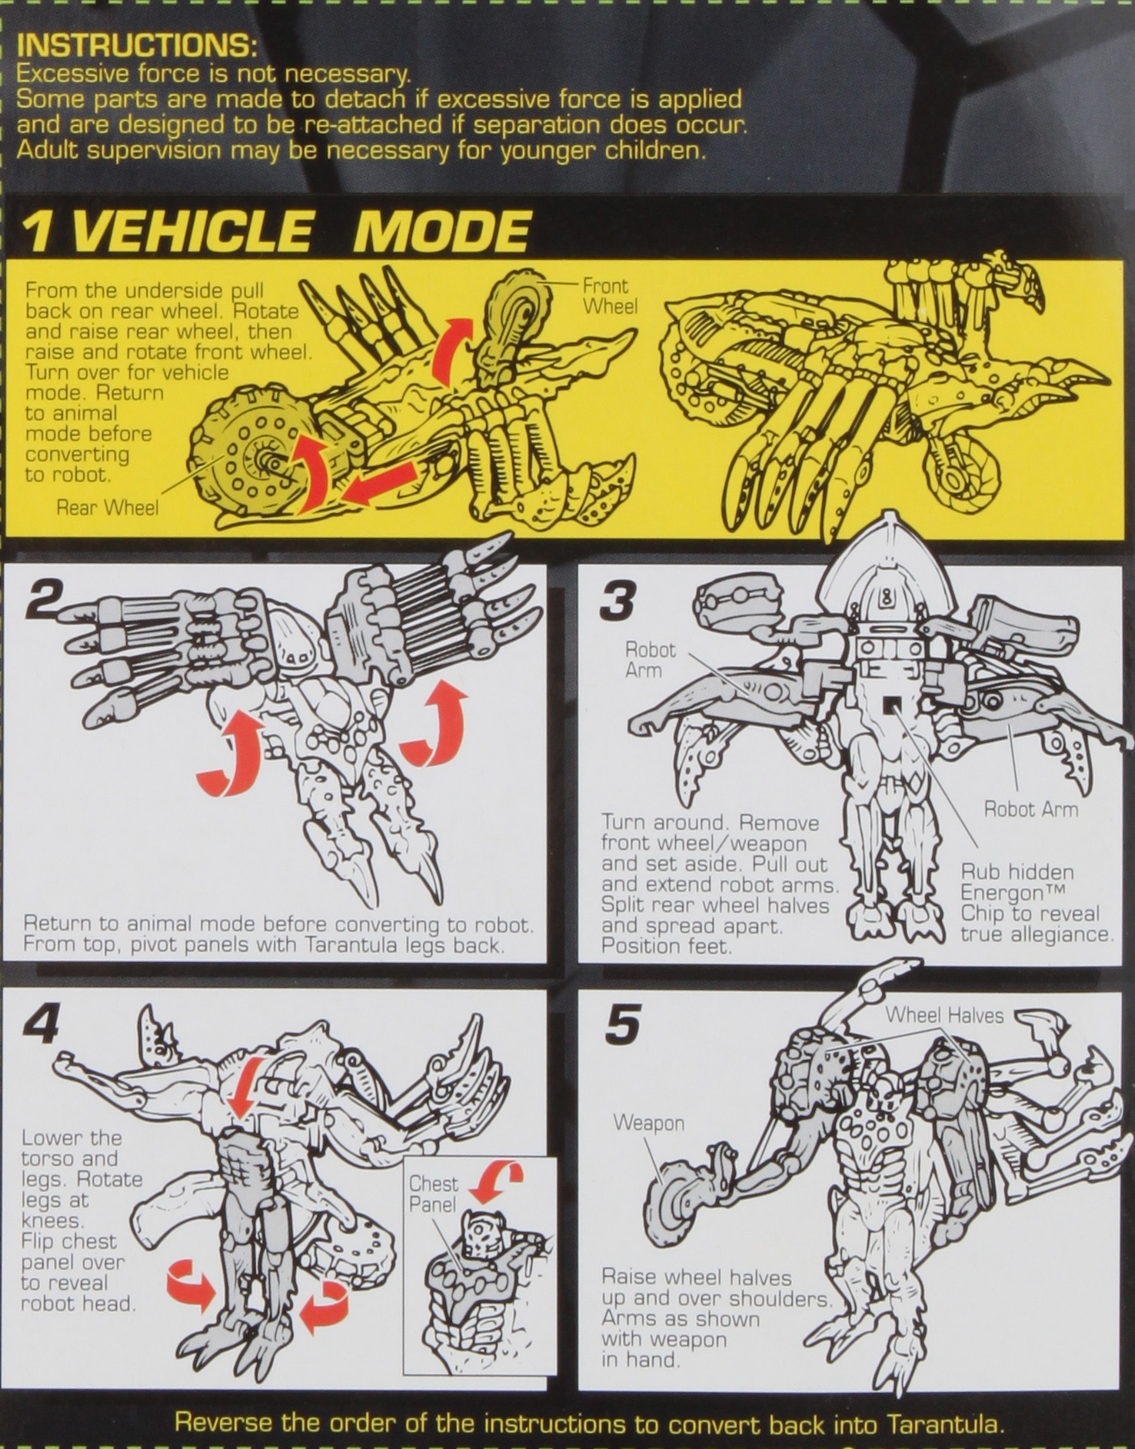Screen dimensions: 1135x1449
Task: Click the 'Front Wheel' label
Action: coord(609,296)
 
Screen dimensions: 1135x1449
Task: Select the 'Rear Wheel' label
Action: coord(107,508)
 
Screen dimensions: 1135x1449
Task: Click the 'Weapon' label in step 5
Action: coord(648,1123)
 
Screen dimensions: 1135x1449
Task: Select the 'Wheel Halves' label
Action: coord(944,1015)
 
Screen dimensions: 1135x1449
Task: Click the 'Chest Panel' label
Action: coord(433,1194)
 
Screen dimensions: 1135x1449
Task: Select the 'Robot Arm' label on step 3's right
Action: coord(1030,809)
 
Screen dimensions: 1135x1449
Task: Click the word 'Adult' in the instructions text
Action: coord(48,149)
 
